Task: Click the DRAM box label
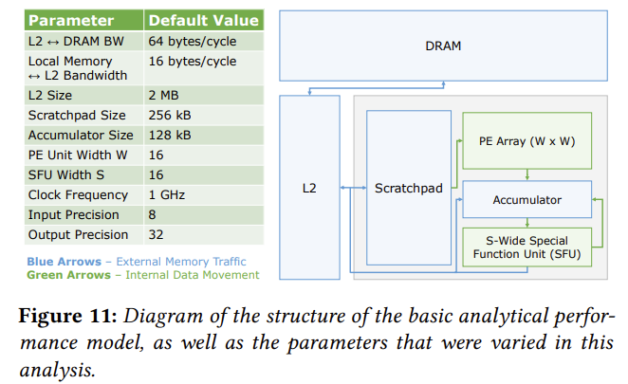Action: pos(443,46)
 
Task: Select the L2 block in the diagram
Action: pos(308,189)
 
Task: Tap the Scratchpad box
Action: pos(408,189)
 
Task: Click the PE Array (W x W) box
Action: pos(526,141)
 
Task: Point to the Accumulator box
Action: pos(526,200)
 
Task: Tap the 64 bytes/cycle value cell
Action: pos(193,41)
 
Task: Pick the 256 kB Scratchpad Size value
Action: pos(170,116)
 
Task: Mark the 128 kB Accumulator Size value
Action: pos(170,136)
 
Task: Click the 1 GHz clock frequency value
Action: pos(167,195)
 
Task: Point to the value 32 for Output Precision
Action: pos(156,234)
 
